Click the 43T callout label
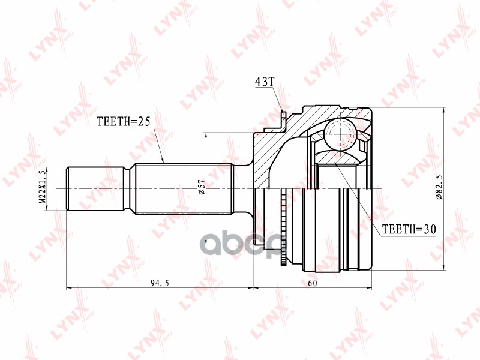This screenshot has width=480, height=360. click(264, 82)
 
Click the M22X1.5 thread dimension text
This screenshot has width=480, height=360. click(42, 188)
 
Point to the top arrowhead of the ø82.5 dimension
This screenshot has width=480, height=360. click(443, 112)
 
